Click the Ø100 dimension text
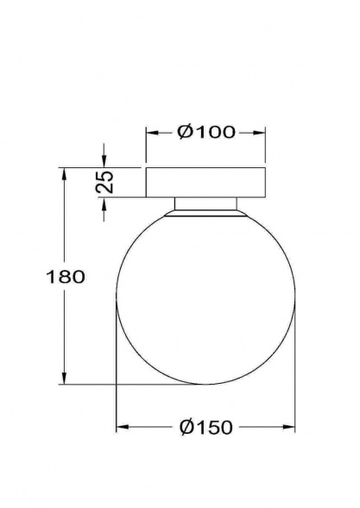coord(205,133)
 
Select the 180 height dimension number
coord(67,277)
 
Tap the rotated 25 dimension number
coord(104,182)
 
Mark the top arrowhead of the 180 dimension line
coord(65,172)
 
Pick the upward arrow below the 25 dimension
coord(104,204)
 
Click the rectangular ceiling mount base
coord(205,182)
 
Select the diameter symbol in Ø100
coord(183,133)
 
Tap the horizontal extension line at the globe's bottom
coord(129,384)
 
